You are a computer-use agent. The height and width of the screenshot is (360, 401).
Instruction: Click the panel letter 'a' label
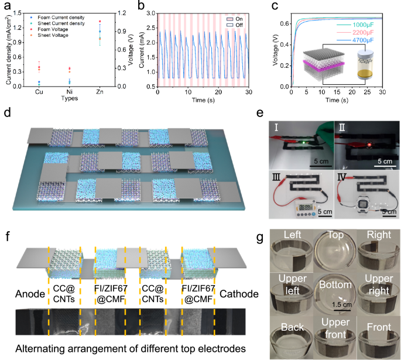pyautogui.click(x=7, y=7)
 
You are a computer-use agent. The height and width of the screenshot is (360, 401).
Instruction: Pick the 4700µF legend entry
pyautogui.click(x=361, y=40)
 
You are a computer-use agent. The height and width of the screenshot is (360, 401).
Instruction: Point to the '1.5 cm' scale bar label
pyautogui.click(x=331, y=304)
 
